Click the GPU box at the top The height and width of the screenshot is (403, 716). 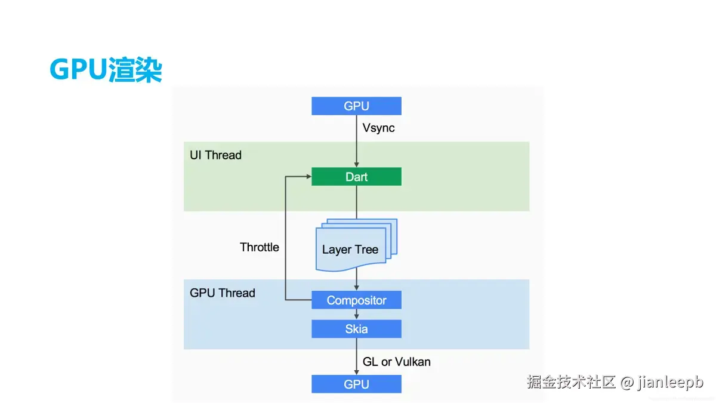(x=356, y=106)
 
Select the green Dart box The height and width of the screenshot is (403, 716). (x=356, y=177)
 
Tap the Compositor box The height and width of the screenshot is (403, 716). (x=356, y=300)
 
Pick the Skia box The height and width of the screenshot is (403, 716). (x=356, y=329)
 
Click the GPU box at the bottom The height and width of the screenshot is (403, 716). (x=356, y=384)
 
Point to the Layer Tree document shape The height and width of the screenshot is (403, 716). (x=356, y=245)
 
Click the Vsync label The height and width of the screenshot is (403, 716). (x=378, y=128)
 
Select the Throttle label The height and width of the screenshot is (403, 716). (x=259, y=247)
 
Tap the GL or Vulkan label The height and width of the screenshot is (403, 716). (x=396, y=362)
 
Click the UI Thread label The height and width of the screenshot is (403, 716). (x=215, y=155)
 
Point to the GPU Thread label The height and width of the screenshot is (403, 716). (x=223, y=293)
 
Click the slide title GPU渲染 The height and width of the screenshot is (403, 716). (x=106, y=69)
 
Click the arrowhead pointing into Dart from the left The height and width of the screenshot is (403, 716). (x=309, y=176)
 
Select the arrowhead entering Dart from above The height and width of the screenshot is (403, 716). (x=356, y=165)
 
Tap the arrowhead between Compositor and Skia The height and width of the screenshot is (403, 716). (x=356, y=317)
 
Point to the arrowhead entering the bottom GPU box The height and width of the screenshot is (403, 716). (x=356, y=373)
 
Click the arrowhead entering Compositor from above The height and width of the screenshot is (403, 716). (x=356, y=288)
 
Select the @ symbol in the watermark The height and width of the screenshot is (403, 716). (x=627, y=382)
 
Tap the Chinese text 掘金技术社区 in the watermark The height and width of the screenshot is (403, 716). (x=571, y=382)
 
